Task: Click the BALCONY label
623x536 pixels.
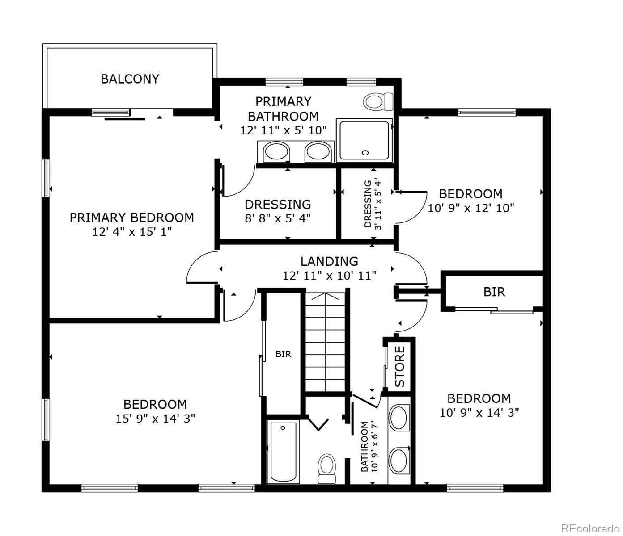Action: [x=130, y=79]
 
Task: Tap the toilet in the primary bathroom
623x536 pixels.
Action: [x=377, y=101]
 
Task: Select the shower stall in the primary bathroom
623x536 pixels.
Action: [x=364, y=140]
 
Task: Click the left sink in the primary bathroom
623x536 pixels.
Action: [x=275, y=152]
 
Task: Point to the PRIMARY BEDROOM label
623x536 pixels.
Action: [x=131, y=218]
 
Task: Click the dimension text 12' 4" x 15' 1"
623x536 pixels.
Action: [x=132, y=232]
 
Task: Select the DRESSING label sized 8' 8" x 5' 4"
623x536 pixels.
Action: [x=278, y=205]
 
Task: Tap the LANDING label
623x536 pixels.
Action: [x=329, y=261]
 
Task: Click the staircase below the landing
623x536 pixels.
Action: [x=325, y=342]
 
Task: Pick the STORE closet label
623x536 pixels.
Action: [x=399, y=367]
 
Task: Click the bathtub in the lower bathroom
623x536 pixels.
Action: [x=283, y=452]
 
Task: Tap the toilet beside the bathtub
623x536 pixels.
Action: [x=327, y=468]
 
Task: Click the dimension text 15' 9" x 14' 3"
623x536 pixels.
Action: [x=155, y=419]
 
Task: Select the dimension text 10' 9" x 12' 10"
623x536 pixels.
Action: [x=471, y=208]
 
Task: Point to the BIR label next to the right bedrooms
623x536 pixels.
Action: [x=494, y=292]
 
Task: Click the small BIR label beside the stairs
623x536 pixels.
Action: [x=283, y=354]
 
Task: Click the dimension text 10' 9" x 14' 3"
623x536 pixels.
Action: [x=479, y=412]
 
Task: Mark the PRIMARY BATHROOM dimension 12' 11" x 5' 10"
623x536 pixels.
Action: [x=284, y=130]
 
